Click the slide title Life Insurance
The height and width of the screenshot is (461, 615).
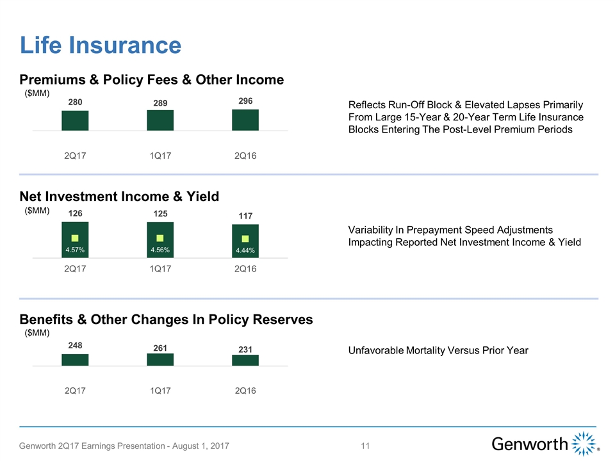tap(100, 45)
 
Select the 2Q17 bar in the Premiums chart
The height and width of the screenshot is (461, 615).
tap(75, 120)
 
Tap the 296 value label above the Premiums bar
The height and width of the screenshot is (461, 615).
tap(245, 101)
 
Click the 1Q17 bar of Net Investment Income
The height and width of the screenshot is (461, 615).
tap(160, 240)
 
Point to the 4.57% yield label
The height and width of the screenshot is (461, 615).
tap(75, 250)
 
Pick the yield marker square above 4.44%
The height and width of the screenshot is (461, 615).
tap(245, 239)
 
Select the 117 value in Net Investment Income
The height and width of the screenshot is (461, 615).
tap(245, 216)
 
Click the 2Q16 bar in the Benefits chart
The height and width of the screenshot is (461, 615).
tap(245, 360)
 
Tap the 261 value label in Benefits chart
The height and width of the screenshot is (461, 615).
tap(160, 348)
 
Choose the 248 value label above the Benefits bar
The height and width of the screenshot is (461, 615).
tap(75, 345)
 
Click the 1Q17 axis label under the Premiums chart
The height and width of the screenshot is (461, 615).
tap(160, 157)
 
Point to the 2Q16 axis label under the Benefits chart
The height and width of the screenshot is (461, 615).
tap(245, 391)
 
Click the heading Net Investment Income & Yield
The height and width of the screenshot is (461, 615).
tap(119, 197)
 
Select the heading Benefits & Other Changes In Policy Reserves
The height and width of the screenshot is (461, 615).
tap(166, 319)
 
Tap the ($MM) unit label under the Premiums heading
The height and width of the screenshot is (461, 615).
tap(37, 93)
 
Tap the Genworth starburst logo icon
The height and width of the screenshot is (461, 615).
tap(583, 444)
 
